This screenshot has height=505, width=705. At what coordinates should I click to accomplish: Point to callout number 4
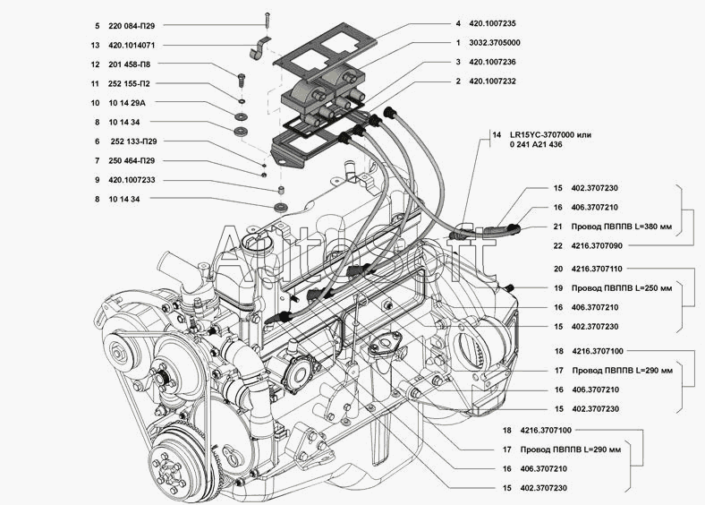457,24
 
